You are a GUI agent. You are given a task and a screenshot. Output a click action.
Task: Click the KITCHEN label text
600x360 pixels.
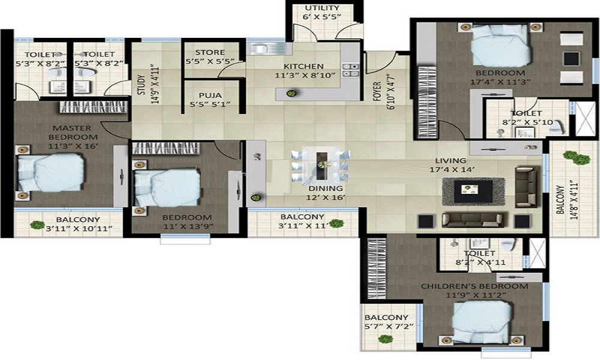pos(304,67)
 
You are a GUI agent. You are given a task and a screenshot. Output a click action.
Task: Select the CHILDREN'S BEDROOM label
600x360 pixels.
pos(475,286)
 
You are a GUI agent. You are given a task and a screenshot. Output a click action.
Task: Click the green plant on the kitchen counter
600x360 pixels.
pos(292,94)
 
